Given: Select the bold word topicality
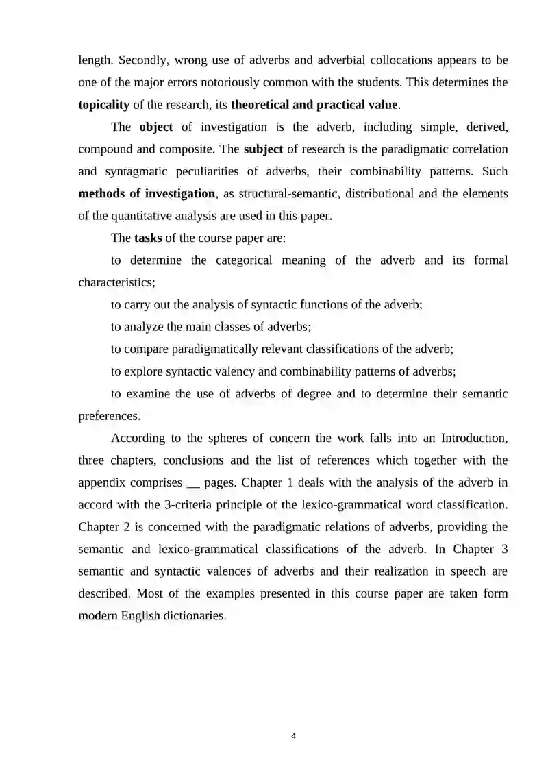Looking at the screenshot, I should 104,105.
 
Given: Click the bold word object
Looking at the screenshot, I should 156,127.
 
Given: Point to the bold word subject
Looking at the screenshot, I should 263,149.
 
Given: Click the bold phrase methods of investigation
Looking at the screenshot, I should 147,194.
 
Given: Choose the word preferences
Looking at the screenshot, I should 110,416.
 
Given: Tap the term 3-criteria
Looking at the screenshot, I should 233,505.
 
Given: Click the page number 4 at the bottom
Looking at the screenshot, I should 293,737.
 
